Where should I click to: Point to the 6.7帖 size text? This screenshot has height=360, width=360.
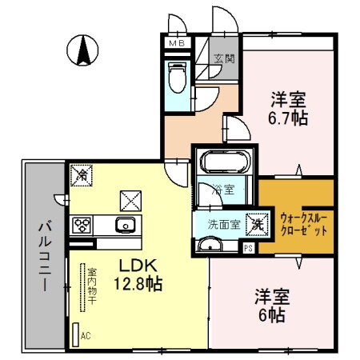tap(288, 118)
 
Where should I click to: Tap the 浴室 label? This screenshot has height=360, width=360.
tap(223, 190)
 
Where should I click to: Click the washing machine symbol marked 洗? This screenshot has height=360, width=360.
tap(256, 225)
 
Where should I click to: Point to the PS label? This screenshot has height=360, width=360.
tap(248, 248)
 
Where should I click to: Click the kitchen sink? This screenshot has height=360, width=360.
tap(126, 225)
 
